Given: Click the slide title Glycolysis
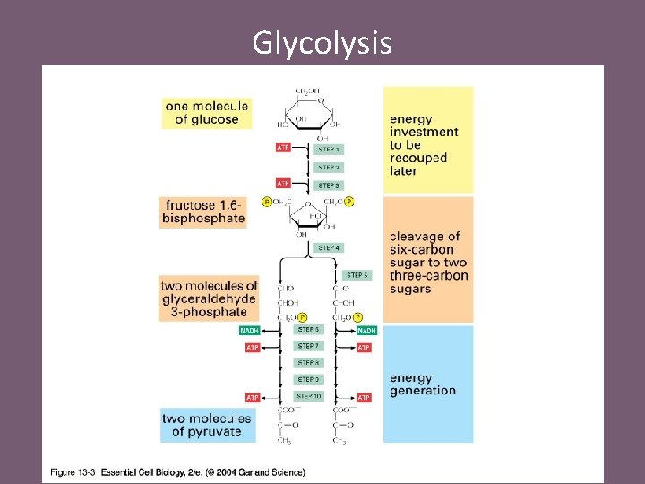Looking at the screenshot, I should tap(322, 42).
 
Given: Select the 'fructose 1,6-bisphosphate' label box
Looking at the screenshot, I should tap(203, 212).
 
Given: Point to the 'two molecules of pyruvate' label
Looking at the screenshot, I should tap(206, 424).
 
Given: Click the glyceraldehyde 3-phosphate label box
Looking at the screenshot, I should tap(209, 298).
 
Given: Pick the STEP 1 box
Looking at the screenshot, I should tap(329, 149).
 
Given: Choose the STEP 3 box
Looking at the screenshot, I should tap(329, 186).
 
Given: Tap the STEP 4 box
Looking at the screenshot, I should tap(329, 247).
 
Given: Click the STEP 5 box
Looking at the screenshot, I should tap(357, 275).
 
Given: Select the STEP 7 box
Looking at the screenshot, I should tap(308, 346).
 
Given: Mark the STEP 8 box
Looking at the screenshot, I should tap(308, 363).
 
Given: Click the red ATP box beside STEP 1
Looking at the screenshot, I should tap(283, 147).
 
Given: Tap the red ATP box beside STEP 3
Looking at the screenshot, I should tap(283, 183).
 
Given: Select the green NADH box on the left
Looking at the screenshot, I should tap(250, 330).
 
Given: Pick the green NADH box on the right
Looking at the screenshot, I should tap(365, 330).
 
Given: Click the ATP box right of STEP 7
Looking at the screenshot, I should tap(364, 347).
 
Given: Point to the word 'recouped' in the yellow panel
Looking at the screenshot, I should tap(418, 158).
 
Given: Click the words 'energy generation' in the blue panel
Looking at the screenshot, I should tap(422, 385).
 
